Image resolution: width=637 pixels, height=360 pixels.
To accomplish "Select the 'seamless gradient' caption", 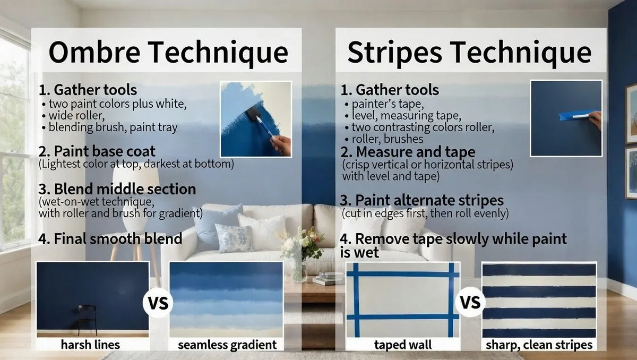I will pyautogui.click(x=227, y=345).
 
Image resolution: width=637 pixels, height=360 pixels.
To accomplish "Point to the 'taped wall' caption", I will pyautogui.click(x=403, y=345).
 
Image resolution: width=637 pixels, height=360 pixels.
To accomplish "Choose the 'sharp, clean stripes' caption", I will pyautogui.click(x=539, y=345).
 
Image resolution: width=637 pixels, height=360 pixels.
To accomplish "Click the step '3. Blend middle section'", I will pyautogui.click(x=117, y=189).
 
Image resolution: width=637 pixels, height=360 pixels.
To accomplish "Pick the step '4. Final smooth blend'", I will pyautogui.click(x=110, y=238).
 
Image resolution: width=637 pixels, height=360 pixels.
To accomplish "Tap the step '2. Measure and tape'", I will pyautogui.click(x=408, y=153).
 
